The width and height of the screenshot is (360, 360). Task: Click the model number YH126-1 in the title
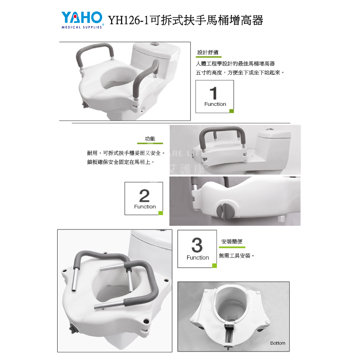pyautogui.click(x=128, y=20)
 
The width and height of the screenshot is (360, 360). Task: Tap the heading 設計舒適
pyautogui.click(x=208, y=52)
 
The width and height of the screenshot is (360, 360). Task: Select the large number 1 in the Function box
pyautogui.click(x=213, y=93)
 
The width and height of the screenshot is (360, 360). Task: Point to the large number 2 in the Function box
pyautogui.click(x=144, y=195)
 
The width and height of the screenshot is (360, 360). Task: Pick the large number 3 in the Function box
pyautogui.click(x=197, y=245)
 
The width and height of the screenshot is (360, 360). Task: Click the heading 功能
pyautogui.click(x=150, y=139)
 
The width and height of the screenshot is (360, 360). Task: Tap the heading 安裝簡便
pyautogui.click(x=232, y=241)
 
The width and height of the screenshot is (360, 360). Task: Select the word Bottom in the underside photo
pyautogui.click(x=278, y=343)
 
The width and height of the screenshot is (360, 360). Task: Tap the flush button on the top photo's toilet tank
pyautogui.click(x=155, y=44)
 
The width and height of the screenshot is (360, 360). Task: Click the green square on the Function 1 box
pyautogui.click(x=232, y=111)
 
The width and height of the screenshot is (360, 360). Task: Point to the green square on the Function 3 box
pyautogui.click(x=215, y=265)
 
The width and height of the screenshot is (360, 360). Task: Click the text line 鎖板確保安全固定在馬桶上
pyautogui.click(x=121, y=162)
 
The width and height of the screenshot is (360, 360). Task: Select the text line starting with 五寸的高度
pyautogui.click(x=240, y=72)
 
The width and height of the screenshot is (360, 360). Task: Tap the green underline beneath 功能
pyautogui.click(x=150, y=144)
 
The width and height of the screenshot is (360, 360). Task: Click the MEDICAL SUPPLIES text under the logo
pyautogui.click(x=82, y=27)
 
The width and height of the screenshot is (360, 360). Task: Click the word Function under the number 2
pyautogui.click(x=145, y=207)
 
